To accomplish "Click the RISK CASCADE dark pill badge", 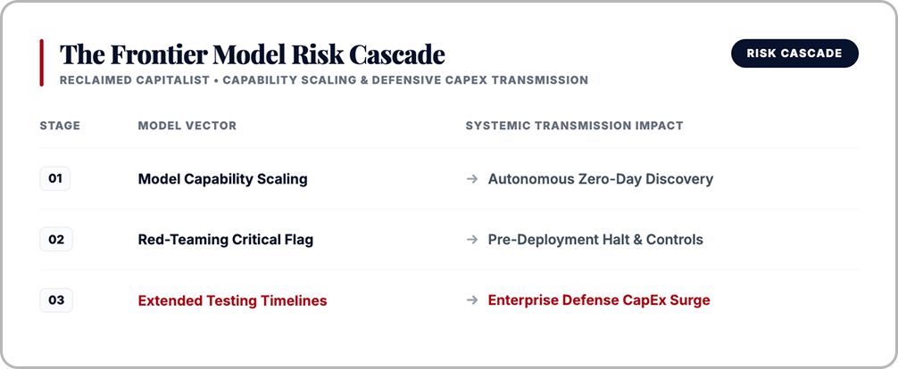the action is click(795, 53).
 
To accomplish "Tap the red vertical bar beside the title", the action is click(41, 63).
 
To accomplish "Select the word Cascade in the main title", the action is click(397, 54).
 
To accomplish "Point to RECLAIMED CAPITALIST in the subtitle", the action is click(135, 80).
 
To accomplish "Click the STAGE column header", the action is click(60, 126).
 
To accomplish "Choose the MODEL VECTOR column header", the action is click(187, 126).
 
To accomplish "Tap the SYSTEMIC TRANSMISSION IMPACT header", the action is click(575, 126).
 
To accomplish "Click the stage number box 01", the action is click(55, 178).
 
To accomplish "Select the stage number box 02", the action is click(56, 239).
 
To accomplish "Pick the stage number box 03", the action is click(56, 300).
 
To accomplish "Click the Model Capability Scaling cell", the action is click(223, 179).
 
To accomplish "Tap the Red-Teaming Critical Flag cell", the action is click(226, 240).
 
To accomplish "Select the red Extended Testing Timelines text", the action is click(232, 301).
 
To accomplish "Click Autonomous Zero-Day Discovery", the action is click(601, 179).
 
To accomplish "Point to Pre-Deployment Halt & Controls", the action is click(595, 240).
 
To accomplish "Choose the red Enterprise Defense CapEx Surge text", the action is click(599, 300).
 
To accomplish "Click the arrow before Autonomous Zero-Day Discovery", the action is click(472, 179).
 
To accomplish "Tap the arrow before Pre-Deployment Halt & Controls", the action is click(472, 240).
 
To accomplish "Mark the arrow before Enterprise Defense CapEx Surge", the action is click(472, 300).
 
